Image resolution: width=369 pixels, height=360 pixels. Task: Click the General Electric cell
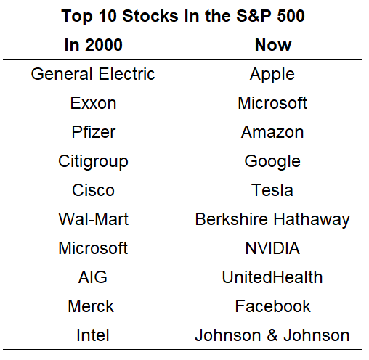coord(93,74)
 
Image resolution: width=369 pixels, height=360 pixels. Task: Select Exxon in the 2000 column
coord(93,103)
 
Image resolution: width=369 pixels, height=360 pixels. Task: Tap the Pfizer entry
coord(94,132)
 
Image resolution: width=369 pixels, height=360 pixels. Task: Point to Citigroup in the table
coord(93,162)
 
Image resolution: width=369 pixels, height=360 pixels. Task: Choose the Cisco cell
coord(93,190)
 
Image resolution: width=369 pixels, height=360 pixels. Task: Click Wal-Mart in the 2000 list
coord(94,219)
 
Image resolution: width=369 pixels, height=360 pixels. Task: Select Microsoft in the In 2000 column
coord(93,248)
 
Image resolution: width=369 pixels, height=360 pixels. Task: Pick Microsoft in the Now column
coord(272,103)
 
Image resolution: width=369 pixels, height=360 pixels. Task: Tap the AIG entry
coord(93,277)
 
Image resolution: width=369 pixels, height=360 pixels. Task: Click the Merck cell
coord(91,306)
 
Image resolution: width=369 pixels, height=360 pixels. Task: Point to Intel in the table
coord(93,335)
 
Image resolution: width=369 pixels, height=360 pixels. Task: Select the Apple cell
coord(272,75)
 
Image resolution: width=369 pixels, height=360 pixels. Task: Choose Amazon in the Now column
coord(272,132)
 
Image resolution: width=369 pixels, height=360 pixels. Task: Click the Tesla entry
coord(272,190)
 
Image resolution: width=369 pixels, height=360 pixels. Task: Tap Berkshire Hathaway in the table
coord(272,220)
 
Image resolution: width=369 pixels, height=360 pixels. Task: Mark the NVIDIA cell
coord(272,248)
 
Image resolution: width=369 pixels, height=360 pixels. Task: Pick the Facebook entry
coord(272,306)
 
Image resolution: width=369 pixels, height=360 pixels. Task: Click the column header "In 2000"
coord(94,45)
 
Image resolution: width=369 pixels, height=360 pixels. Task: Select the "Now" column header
coord(273,45)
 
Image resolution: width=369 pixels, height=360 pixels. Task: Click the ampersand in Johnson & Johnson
coord(272,335)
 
